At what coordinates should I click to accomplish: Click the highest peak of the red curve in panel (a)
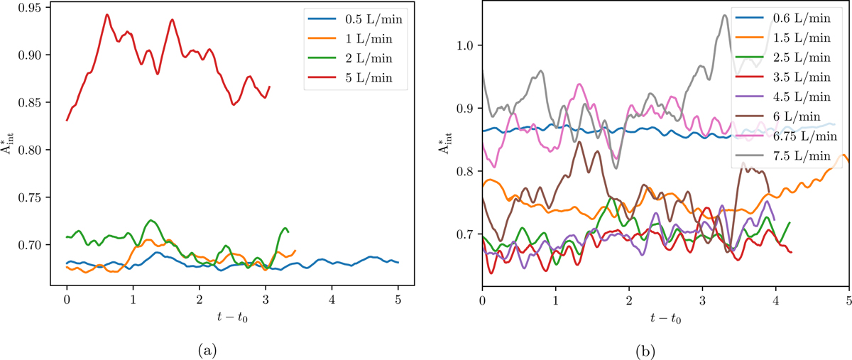click(107, 14)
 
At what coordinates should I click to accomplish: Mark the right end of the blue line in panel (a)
click(398, 263)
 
